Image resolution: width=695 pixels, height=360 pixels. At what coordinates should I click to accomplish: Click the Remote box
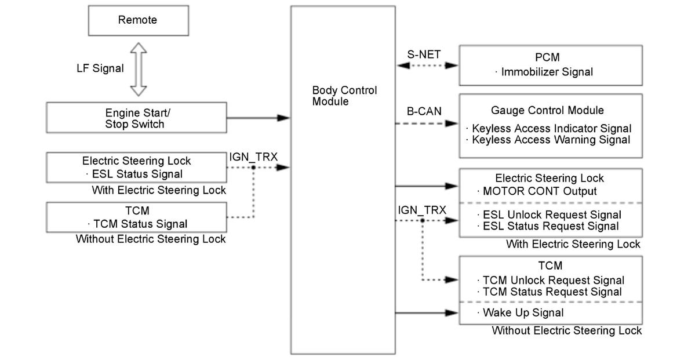137,20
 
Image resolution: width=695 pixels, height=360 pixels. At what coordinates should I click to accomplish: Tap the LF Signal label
100,68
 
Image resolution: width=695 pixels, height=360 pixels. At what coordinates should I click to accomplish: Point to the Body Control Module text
344,96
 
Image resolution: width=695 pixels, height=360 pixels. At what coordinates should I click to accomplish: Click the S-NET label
424,54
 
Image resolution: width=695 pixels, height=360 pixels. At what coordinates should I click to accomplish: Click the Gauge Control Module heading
547,110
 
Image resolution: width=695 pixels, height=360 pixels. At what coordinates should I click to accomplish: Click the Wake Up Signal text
523,313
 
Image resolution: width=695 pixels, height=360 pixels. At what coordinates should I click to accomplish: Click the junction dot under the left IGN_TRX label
254,168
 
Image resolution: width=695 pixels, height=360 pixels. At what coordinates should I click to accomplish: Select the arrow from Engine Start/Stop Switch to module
258,118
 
